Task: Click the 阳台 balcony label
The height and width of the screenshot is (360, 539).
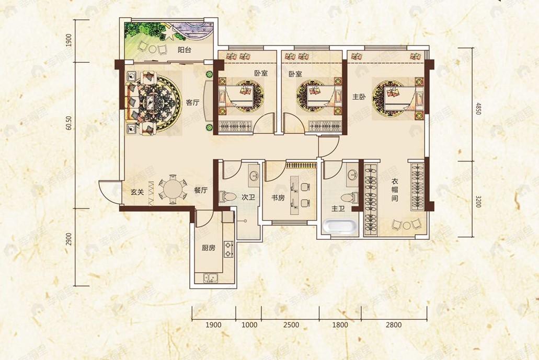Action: pyautogui.click(x=185, y=50)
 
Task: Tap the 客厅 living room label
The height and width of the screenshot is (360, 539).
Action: pyautogui.click(x=193, y=102)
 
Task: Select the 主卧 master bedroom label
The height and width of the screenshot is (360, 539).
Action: pyautogui.click(x=359, y=97)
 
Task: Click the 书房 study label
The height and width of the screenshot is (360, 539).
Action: pyautogui.click(x=278, y=198)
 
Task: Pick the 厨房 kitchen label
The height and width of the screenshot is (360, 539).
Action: pyautogui.click(x=209, y=248)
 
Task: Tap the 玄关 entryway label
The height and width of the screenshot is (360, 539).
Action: pyautogui.click(x=137, y=192)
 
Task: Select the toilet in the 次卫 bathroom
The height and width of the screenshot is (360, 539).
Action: pyautogui.click(x=227, y=197)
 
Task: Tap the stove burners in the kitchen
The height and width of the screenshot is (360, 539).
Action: pyautogui.click(x=228, y=249)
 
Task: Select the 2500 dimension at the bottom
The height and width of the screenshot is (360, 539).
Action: pyautogui.click(x=291, y=325)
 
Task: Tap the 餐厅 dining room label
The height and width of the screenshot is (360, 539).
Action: pyautogui.click(x=200, y=190)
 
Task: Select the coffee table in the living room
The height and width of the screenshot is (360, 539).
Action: pyautogui.click(x=151, y=101)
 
